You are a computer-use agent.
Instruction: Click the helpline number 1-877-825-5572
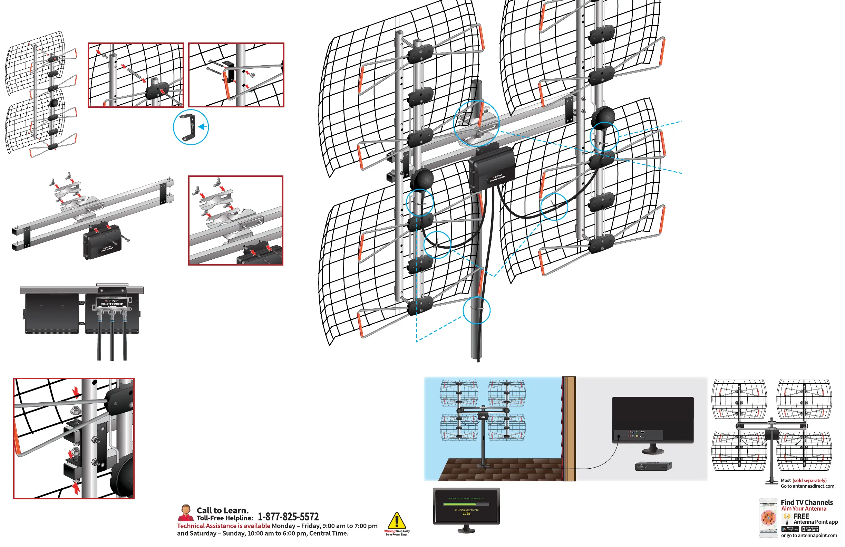click(x=288, y=517)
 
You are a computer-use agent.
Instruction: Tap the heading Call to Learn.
click(x=222, y=510)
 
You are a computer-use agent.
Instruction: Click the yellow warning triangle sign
click(x=397, y=521)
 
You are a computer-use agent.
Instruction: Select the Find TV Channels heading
click(x=806, y=502)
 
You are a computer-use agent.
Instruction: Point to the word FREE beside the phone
click(x=801, y=516)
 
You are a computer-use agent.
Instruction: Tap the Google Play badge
click(x=790, y=529)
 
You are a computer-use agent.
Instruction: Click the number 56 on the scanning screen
click(x=466, y=514)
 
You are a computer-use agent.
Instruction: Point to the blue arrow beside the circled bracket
click(x=203, y=127)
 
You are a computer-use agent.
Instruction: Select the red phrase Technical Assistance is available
click(x=223, y=526)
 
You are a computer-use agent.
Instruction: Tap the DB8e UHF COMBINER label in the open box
click(x=112, y=304)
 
